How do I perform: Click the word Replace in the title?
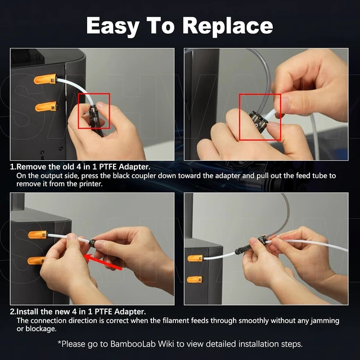point(227,26)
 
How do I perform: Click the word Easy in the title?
point(113,26)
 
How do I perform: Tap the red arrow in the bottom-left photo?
point(102,262)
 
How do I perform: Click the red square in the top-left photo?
point(94,93)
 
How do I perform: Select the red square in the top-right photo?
point(260,94)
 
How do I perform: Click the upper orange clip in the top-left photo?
point(45,79)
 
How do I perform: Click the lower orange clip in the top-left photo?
point(46,106)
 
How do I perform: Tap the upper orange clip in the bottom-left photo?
point(38,235)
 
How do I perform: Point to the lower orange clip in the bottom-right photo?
point(195,280)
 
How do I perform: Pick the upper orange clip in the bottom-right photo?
point(195,258)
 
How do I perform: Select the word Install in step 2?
point(27,312)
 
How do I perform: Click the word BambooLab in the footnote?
point(133,344)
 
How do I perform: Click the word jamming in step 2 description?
point(325,321)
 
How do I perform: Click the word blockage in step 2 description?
point(41,328)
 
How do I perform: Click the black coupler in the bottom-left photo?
point(92,242)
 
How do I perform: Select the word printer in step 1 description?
point(91,184)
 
